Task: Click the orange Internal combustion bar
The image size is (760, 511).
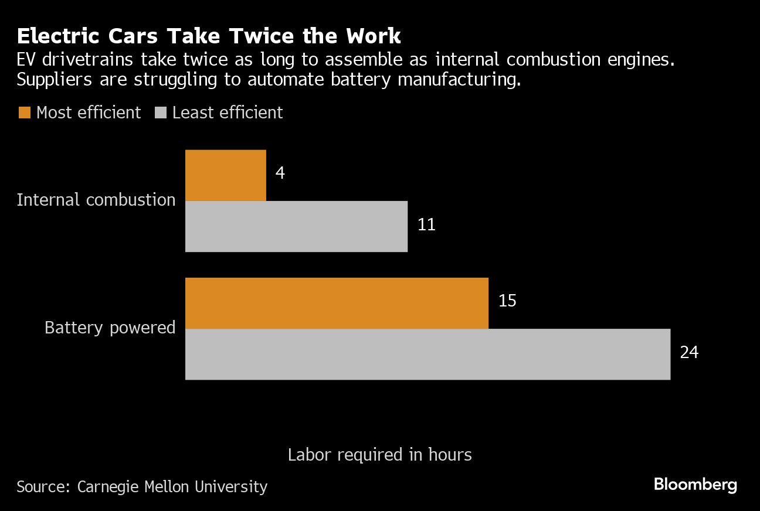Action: coord(226,175)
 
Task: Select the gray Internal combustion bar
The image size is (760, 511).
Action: coord(296,226)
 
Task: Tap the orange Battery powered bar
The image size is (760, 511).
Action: coord(337,303)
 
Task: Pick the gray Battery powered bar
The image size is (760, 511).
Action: coord(428,354)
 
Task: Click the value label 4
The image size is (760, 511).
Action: coord(280,174)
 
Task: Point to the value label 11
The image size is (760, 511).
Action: coord(426,225)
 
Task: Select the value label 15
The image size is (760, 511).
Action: coord(507,301)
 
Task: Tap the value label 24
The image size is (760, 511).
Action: coord(689,353)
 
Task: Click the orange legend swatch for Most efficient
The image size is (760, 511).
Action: coord(24,113)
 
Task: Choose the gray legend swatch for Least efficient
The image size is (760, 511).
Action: coord(160,113)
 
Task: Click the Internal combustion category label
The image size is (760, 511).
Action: coord(96,200)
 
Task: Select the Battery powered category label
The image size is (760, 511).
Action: coord(110,328)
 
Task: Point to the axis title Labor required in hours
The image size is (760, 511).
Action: coord(379,455)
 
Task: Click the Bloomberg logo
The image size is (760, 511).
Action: coord(695,485)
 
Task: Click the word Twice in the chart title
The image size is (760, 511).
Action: coord(267,36)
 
